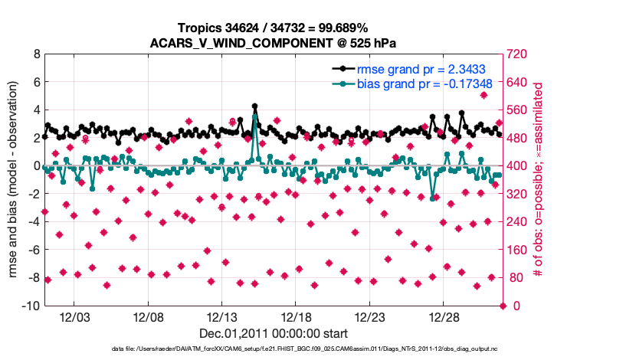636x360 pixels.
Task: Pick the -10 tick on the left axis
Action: click(x=31, y=306)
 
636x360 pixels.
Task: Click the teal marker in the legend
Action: click(x=343, y=83)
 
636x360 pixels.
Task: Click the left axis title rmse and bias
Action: click(x=15, y=180)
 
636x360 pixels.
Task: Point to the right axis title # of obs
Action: click(x=539, y=180)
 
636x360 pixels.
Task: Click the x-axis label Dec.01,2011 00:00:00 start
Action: click(x=274, y=334)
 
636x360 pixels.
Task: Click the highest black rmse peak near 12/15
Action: click(x=254, y=107)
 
